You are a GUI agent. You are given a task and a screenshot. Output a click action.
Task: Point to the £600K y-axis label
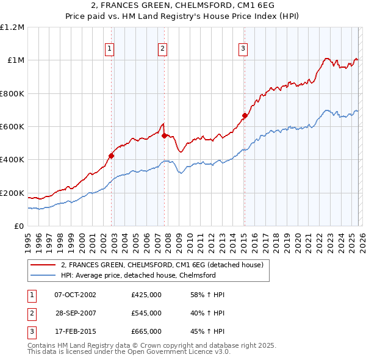pyautogui.click(x=13, y=127)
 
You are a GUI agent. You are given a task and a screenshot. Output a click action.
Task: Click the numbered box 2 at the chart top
pyautogui.click(x=163, y=49)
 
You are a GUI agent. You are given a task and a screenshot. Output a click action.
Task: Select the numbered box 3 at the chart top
pyautogui.click(x=243, y=49)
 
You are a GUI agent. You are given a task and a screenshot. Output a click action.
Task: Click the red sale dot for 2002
pyautogui.click(x=111, y=156)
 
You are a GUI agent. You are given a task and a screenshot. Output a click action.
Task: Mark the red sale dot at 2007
pyautogui.click(x=164, y=135)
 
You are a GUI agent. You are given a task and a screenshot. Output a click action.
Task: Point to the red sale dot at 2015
pyautogui.click(x=245, y=115)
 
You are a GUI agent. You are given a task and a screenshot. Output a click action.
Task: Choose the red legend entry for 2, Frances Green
pyautogui.click(x=162, y=265)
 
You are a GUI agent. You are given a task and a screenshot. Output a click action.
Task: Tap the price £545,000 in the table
pyautogui.click(x=146, y=313)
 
